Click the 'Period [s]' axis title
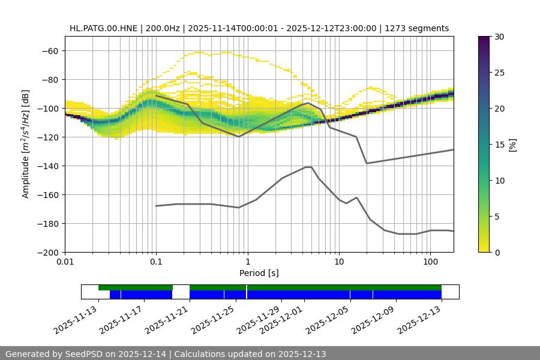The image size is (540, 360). click(259, 274)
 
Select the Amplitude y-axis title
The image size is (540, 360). click(26, 144)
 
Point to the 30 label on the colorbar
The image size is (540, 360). click(499, 37)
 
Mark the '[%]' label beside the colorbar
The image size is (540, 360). click(512, 145)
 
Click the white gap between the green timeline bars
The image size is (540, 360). click(181, 288)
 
